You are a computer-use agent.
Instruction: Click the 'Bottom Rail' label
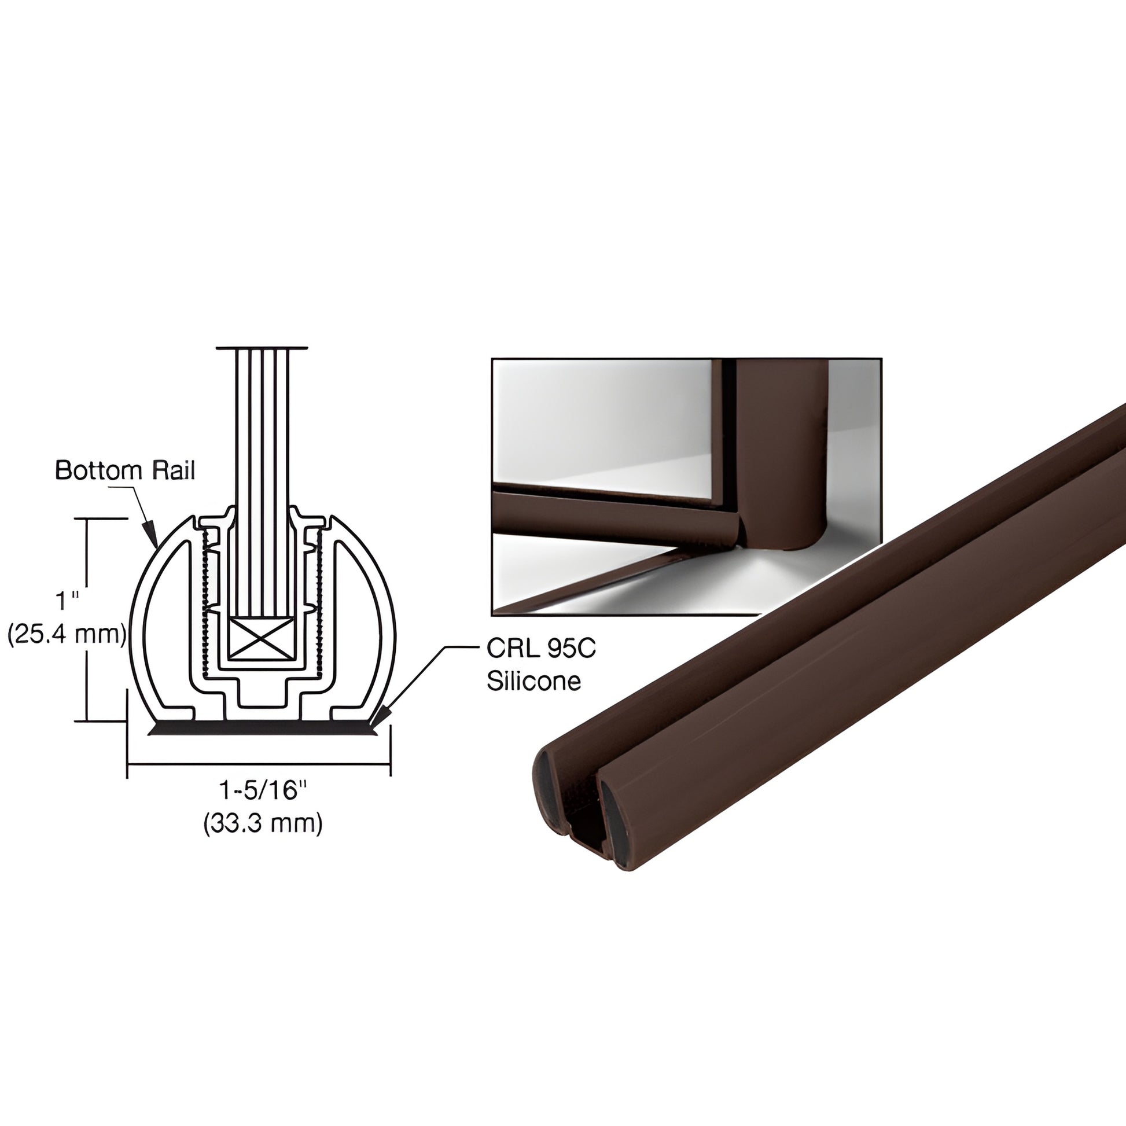pyautogui.click(x=125, y=470)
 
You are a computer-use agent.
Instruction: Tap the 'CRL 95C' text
pyautogui.click(x=540, y=649)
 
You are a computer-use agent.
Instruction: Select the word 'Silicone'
pyautogui.click(x=533, y=680)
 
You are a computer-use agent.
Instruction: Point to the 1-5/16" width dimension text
pyautogui.click(x=262, y=790)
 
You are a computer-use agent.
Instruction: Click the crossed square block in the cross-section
pyautogui.click(x=259, y=638)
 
